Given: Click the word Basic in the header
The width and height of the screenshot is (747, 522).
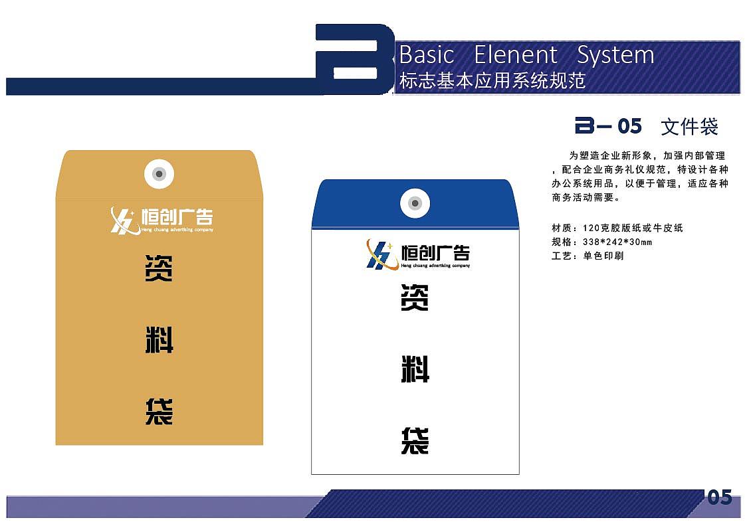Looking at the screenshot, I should [x=427, y=55].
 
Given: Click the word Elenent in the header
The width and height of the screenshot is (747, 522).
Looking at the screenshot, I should [x=516, y=55].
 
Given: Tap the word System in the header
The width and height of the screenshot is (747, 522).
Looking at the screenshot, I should [x=615, y=55].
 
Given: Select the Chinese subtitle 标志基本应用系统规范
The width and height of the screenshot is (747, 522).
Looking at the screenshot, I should [x=492, y=81].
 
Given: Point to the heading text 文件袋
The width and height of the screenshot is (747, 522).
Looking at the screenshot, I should [x=690, y=126].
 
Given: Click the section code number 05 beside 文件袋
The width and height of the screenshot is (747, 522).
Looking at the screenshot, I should [x=629, y=126].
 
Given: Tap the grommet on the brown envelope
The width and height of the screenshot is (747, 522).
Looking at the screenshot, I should [x=159, y=174].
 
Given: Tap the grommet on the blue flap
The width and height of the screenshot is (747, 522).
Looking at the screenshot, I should [x=415, y=203].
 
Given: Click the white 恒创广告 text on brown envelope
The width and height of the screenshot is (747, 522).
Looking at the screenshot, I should [x=173, y=217].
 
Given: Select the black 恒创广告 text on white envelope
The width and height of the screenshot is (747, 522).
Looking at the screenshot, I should [x=436, y=252].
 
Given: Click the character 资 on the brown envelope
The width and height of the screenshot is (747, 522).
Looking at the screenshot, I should [x=159, y=270].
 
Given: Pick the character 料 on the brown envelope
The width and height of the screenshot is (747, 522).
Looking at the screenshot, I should [x=159, y=340].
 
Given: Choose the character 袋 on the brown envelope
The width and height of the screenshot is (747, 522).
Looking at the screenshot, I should [x=159, y=412].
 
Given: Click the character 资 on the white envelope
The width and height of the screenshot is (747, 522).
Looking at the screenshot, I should [x=415, y=298].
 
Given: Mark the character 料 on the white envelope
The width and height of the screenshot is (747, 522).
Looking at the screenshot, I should [x=415, y=369].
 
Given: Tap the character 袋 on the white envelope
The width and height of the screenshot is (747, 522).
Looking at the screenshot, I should [x=415, y=441].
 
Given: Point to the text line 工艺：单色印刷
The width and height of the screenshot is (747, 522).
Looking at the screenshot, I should [x=587, y=256].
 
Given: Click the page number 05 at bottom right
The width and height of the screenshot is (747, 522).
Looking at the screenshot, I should [x=719, y=497].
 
